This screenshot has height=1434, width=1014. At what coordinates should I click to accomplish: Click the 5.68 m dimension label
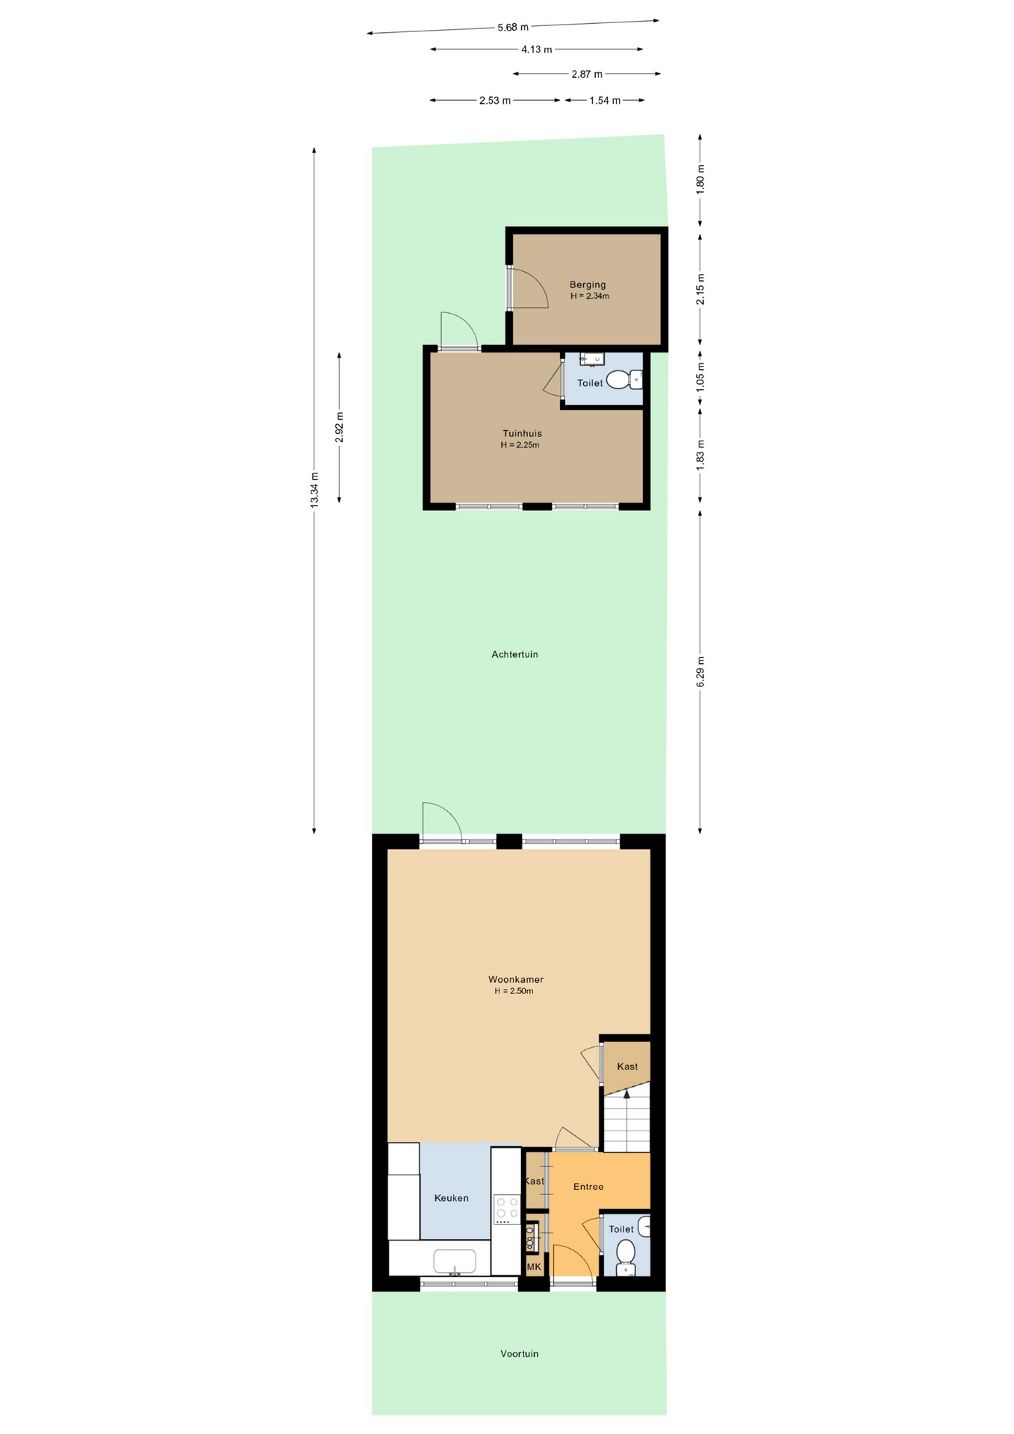pos(513,28)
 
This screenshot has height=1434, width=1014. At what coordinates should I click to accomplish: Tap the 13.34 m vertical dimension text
pos(314,490)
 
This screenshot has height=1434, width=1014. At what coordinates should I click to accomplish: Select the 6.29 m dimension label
pos(700,671)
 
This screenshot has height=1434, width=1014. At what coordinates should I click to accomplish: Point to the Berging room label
pos(588,285)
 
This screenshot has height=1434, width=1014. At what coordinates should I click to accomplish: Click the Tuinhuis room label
pos(522,433)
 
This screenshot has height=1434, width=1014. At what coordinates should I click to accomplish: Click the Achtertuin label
pos(514,654)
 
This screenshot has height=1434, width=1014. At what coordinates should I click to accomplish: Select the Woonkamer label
pos(516,979)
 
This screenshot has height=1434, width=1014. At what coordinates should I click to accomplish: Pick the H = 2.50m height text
pos(514,991)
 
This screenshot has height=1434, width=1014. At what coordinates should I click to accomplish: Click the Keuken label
pos(452,1198)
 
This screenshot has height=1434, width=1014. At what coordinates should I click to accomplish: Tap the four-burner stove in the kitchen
pos(507,1209)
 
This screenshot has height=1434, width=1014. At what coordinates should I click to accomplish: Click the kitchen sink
pos(455,1261)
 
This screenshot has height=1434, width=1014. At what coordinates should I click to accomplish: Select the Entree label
pos(588,1186)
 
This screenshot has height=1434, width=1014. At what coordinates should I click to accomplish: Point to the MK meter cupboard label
pos(534,1267)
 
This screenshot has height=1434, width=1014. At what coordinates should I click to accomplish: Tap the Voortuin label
pos(520,1353)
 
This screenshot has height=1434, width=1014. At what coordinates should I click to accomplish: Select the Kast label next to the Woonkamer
pos(627,1067)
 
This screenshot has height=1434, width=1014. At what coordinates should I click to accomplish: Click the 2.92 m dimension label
pos(340,427)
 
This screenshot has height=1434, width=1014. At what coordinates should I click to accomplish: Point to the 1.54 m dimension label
pos(605,101)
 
